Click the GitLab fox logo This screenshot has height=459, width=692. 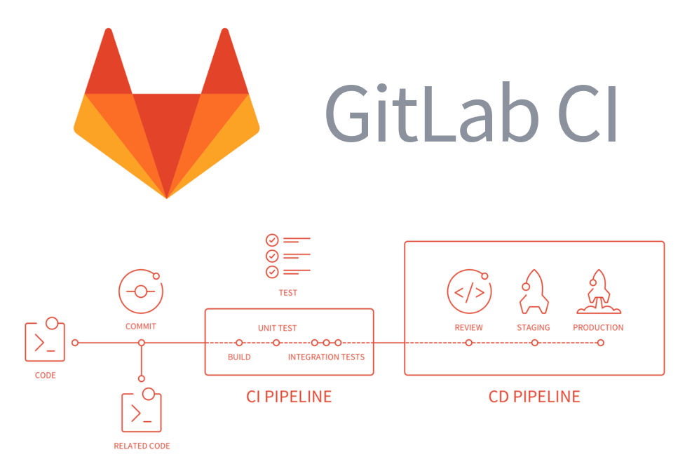[166, 116]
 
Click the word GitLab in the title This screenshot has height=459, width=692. [431, 114]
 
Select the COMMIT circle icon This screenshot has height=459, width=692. [140, 292]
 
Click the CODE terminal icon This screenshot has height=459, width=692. [45, 341]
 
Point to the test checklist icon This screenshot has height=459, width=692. [287, 256]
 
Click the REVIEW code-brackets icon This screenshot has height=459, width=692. [468, 292]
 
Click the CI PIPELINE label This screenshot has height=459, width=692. [289, 397]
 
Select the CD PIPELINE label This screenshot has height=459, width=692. [534, 397]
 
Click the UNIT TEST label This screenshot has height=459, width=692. [277, 328]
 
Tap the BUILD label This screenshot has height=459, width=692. [239, 357]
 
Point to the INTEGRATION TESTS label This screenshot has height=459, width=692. [326, 357]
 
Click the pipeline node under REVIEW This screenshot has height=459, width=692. [468, 343]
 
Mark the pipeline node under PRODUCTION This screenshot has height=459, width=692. [601, 343]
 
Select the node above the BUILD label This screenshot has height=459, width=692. [239, 343]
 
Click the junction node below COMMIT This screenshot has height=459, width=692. [142, 343]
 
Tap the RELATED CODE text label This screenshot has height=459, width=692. [142, 446]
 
